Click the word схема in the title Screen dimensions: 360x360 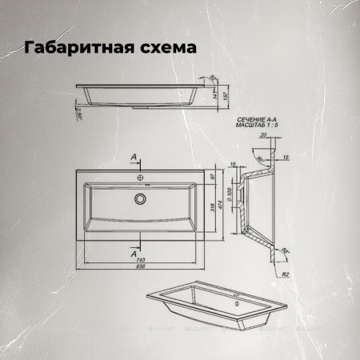tap(166, 49)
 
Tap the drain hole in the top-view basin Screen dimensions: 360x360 tap(140, 198)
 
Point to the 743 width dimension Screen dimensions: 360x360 tap(140, 262)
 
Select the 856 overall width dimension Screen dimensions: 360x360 tap(140, 269)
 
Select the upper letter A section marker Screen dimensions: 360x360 tap(133, 156)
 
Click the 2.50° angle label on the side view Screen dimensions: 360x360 tap(79, 112)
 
